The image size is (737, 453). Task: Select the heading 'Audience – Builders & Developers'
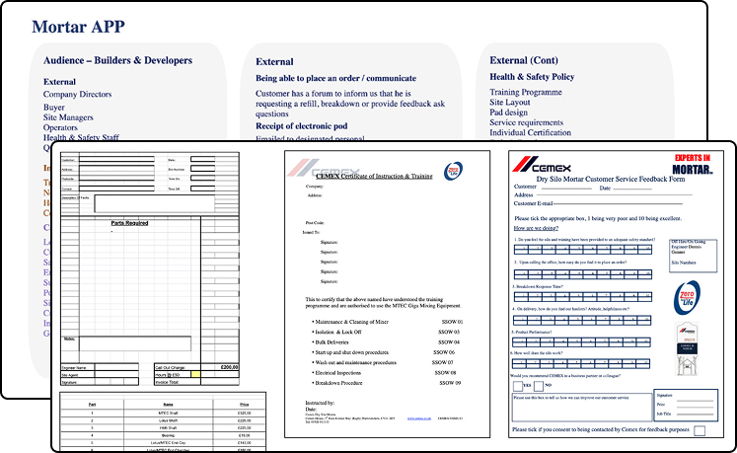117,61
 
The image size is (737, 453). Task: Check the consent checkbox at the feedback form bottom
700,430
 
